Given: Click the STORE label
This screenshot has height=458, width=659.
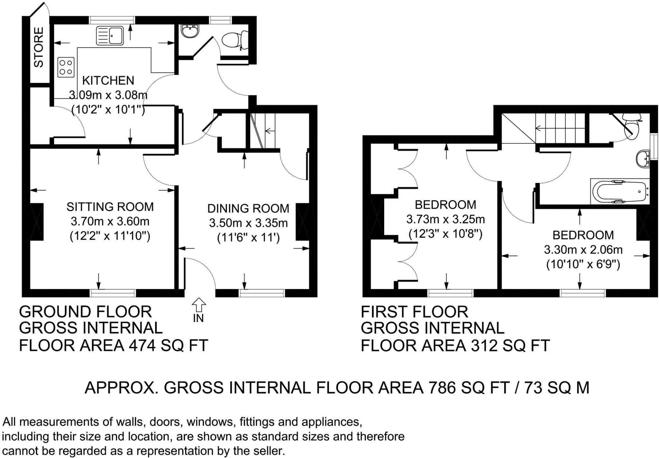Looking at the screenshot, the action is pos(39,47).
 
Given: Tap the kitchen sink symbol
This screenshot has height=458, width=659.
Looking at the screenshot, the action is pos(110,35).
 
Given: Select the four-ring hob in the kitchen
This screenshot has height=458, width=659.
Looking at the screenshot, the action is pos(66,67).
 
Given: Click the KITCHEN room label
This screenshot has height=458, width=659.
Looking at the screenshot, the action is pos(108,80).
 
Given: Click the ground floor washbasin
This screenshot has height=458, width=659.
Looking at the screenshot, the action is pos(190,32).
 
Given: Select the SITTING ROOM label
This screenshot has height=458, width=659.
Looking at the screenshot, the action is pos(110,207).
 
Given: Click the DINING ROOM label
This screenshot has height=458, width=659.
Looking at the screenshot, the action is pos(248,208).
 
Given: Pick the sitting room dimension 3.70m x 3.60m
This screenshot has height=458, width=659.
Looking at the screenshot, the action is pos(110,222).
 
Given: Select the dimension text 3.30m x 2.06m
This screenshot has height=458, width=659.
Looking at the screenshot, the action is pos(583,250).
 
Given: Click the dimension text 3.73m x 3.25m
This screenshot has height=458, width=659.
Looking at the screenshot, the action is pos(445,219).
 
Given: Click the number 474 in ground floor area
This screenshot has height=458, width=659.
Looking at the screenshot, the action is pos(142,346).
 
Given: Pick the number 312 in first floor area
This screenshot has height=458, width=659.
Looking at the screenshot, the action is pos(484,346).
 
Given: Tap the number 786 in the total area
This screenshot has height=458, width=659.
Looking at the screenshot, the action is pos(442,387).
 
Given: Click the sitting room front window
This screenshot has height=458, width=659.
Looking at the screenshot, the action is pos(113,293).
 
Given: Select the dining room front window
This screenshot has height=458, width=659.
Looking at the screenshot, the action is pos(262,293).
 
